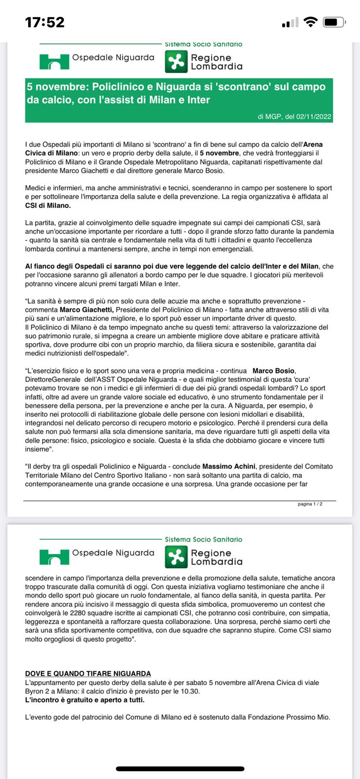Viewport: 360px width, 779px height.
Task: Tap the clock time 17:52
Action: pyautogui.click(x=45, y=22)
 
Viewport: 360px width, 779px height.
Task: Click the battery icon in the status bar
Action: pyautogui.click(x=335, y=22)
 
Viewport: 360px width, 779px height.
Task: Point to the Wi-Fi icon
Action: pyautogui.click(x=309, y=22)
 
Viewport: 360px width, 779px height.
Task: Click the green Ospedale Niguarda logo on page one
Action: pyautogui.click(x=54, y=61)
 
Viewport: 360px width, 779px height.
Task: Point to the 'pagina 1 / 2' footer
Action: pyautogui.click(x=310, y=504)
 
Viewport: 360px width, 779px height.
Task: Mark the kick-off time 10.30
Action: pyautogui.click(x=190, y=691)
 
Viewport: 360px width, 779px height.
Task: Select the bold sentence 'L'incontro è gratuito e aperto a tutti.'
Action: pyautogui.click(x=85, y=700)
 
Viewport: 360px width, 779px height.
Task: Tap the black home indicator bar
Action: pyautogui.click(x=180, y=769)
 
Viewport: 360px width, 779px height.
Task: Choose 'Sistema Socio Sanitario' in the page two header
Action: pyautogui.click(x=203, y=539)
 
